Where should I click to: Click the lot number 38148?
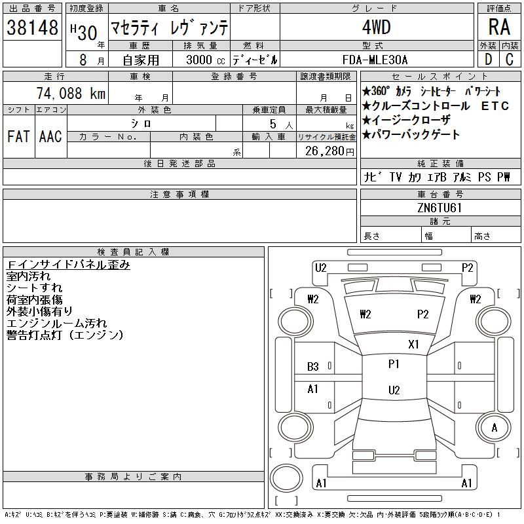(x=32, y=28)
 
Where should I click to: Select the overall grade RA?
(x=499, y=27)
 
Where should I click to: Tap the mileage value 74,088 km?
(x=71, y=93)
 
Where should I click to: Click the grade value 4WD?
(x=376, y=27)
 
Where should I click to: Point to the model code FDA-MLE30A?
(x=375, y=60)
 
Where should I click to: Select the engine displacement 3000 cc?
(x=205, y=60)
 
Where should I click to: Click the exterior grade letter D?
(x=488, y=60)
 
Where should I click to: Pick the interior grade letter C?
(x=510, y=60)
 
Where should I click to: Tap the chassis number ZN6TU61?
(x=440, y=208)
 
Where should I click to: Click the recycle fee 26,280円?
(x=329, y=151)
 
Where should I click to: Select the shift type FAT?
(x=19, y=136)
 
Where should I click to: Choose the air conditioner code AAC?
(x=50, y=136)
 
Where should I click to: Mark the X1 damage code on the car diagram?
(x=413, y=345)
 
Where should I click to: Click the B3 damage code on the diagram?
(x=313, y=367)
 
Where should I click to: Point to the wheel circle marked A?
(x=495, y=428)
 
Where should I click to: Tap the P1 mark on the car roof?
(x=394, y=364)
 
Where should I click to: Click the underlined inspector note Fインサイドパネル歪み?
(x=68, y=265)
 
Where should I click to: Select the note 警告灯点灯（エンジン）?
(x=65, y=335)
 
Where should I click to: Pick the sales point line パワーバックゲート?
(x=411, y=135)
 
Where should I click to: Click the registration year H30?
(x=84, y=32)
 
